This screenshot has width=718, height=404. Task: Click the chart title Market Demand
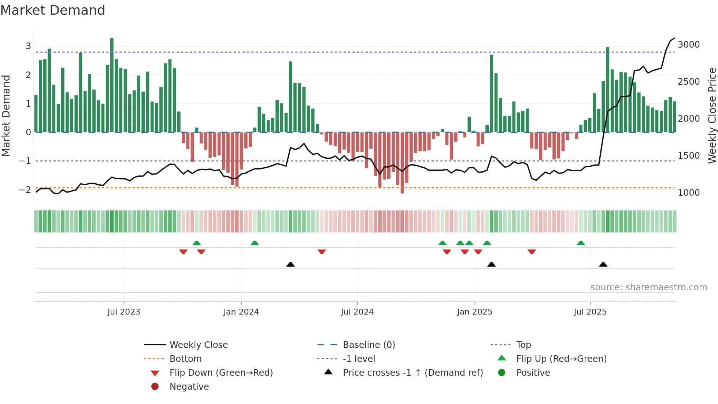53,10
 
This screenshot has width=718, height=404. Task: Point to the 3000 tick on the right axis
688,45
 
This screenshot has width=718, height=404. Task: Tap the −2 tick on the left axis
25,190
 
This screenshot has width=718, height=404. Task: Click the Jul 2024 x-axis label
357,312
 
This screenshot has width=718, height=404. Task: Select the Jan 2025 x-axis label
474,312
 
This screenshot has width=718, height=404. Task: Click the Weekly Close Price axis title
712,115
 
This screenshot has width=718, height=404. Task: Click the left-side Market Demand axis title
6,115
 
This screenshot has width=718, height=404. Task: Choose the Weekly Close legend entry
198,345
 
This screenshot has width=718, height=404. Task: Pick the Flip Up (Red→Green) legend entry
561,359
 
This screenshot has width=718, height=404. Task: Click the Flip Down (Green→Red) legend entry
221,373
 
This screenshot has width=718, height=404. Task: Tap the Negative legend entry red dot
155,387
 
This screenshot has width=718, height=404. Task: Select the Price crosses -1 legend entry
412,373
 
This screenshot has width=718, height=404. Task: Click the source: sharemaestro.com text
648,287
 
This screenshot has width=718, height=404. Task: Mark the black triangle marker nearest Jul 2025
603,265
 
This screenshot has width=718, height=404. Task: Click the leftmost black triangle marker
290,265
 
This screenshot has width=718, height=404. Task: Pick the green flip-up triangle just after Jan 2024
255,243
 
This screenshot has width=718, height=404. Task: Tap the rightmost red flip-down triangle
532,251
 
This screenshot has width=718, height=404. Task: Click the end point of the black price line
674,38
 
